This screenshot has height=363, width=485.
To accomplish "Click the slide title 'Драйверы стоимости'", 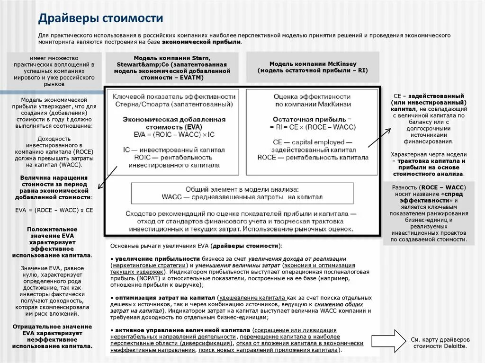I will (x=100, y=18).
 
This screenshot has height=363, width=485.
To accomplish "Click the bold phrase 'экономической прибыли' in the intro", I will (x=202, y=42).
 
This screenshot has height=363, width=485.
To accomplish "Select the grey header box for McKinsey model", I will (x=313, y=67).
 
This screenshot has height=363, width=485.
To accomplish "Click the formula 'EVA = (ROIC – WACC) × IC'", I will (x=174, y=135).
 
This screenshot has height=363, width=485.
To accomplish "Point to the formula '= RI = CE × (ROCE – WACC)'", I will (x=313, y=128).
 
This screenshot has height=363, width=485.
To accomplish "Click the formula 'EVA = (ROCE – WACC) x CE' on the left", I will (x=54, y=209).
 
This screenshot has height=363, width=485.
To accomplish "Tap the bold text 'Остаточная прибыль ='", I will (x=313, y=120).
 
